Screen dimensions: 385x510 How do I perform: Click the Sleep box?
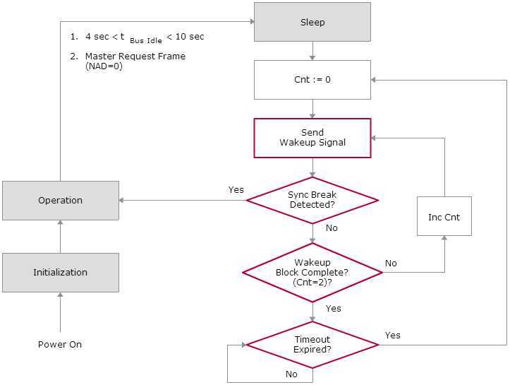[312, 22]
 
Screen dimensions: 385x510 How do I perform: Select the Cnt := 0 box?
[312, 79]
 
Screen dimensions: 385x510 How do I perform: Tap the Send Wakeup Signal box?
[312, 137]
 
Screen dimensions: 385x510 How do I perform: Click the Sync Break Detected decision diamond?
[312, 200]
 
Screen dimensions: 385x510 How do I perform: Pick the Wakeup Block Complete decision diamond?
[312, 272]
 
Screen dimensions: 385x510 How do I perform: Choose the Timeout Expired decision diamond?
[312, 345]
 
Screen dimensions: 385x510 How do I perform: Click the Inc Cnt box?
[444, 217]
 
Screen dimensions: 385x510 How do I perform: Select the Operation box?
[61, 201]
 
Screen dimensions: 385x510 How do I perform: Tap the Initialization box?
[61, 272]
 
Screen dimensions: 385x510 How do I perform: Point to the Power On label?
[60, 345]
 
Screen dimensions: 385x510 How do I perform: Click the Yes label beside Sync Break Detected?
[236, 189]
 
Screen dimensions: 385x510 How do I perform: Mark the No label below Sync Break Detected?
[332, 228]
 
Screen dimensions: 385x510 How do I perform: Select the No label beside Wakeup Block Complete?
[391, 263]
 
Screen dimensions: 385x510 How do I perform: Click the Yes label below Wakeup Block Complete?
[334, 309]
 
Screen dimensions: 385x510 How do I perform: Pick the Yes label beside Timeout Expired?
[393, 335]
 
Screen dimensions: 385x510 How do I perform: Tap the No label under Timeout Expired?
[291, 374]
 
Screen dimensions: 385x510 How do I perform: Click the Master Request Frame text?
[135, 57]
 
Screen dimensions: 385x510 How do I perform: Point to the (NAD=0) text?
[104, 66]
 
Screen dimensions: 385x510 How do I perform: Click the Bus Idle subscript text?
[146, 41]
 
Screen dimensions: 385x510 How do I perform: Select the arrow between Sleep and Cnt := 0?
[312, 50]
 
